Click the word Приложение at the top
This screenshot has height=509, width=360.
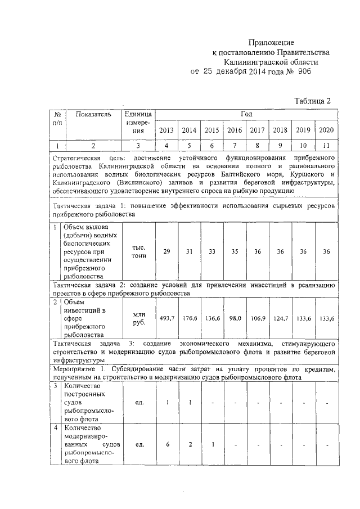click(x=272, y=43)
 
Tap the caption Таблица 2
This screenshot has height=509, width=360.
click(x=313, y=101)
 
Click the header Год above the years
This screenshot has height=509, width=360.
click(x=246, y=114)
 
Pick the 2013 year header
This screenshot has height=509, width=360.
click(x=166, y=130)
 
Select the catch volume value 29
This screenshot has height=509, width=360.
click(x=166, y=251)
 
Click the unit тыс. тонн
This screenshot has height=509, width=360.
click(x=139, y=251)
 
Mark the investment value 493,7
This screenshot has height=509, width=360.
click(x=166, y=318)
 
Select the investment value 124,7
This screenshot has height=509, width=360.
click(x=280, y=318)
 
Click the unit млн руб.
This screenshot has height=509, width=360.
click(x=139, y=318)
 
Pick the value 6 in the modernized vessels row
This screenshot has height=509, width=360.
click(x=166, y=445)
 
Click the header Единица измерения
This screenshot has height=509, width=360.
click(x=139, y=122)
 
